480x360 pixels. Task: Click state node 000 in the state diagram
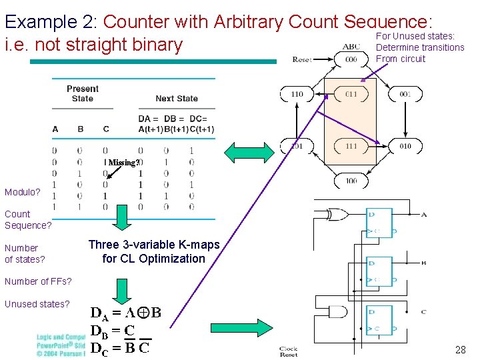click(x=351, y=59)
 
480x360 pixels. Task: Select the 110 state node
click(x=297, y=95)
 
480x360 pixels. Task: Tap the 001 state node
click(x=405, y=95)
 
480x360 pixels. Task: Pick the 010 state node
click(x=405, y=146)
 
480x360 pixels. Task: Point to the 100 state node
click(x=351, y=181)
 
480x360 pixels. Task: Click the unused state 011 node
click(x=351, y=95)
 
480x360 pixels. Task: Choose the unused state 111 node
click(x=351, y=146)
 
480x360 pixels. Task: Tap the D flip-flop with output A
click(x=379, y=223)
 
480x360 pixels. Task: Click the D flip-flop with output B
click(x=379, y=271)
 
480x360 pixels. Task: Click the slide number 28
click(x=460, y=349)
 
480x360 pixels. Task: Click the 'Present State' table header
click(x=83, y=93)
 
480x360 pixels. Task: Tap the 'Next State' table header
click(x=177, y=99)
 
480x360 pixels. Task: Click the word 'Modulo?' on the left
click(x=23, y=192)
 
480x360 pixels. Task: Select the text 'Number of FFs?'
click(x=38, y=281)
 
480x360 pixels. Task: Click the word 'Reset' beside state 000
click(x=302, y=60)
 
